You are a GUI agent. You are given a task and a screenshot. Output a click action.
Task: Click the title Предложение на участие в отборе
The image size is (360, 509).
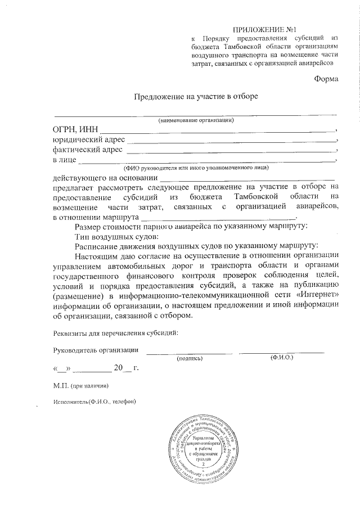[195, 96]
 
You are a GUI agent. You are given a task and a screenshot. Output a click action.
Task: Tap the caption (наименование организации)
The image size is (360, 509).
[196, 120]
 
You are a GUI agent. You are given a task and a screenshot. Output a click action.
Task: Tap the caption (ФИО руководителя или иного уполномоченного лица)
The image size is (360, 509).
[196, 168]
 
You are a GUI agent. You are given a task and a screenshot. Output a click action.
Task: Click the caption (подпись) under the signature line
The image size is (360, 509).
[190, 358]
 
